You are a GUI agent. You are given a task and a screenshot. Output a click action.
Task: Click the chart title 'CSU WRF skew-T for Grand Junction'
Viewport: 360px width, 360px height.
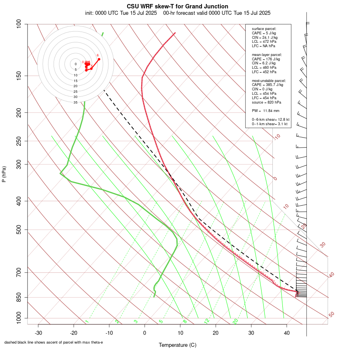(178, 6)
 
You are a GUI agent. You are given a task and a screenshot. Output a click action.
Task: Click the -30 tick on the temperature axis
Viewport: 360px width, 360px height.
(38, 332)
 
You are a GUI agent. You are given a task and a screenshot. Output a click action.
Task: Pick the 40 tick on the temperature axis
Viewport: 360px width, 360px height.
(287, 332)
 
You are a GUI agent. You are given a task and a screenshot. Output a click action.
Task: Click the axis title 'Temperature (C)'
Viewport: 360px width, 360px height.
(178, 345)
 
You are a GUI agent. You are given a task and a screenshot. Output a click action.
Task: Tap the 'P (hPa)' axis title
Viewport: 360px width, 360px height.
(4, 174)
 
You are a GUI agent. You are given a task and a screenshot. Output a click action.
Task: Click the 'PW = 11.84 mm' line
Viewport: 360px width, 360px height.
(266, 111)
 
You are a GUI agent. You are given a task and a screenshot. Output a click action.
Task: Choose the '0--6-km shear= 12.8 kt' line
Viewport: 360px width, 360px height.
(270, 119)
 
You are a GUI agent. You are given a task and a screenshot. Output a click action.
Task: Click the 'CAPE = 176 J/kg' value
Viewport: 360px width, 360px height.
(266, 59)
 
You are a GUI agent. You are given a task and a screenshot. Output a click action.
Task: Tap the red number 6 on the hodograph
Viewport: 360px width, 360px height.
(98, 55)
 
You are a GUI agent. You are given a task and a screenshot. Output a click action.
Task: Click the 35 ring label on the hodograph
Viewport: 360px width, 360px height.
(76, 102)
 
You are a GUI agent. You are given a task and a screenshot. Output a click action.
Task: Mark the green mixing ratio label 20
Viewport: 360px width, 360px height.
(235, 321)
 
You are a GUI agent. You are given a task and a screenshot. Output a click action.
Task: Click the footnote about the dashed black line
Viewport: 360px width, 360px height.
(54, 342)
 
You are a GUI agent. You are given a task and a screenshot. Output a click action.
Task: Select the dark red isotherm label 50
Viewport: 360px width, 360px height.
(331, 314)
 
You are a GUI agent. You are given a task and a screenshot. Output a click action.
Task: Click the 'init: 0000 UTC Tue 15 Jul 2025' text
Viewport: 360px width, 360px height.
(121, 13)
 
